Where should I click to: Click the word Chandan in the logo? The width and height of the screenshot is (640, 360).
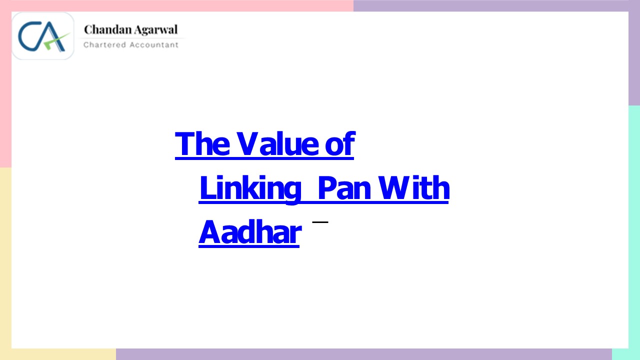click(104, 29)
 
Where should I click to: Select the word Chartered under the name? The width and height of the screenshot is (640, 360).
click(104, 45)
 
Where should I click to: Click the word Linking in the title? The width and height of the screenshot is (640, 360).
click(250, 189)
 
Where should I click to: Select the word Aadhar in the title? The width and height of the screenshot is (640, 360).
click(249, 232)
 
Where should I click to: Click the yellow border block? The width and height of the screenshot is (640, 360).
click(5, 260)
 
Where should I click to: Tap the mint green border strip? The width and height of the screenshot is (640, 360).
click(634, 225)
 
